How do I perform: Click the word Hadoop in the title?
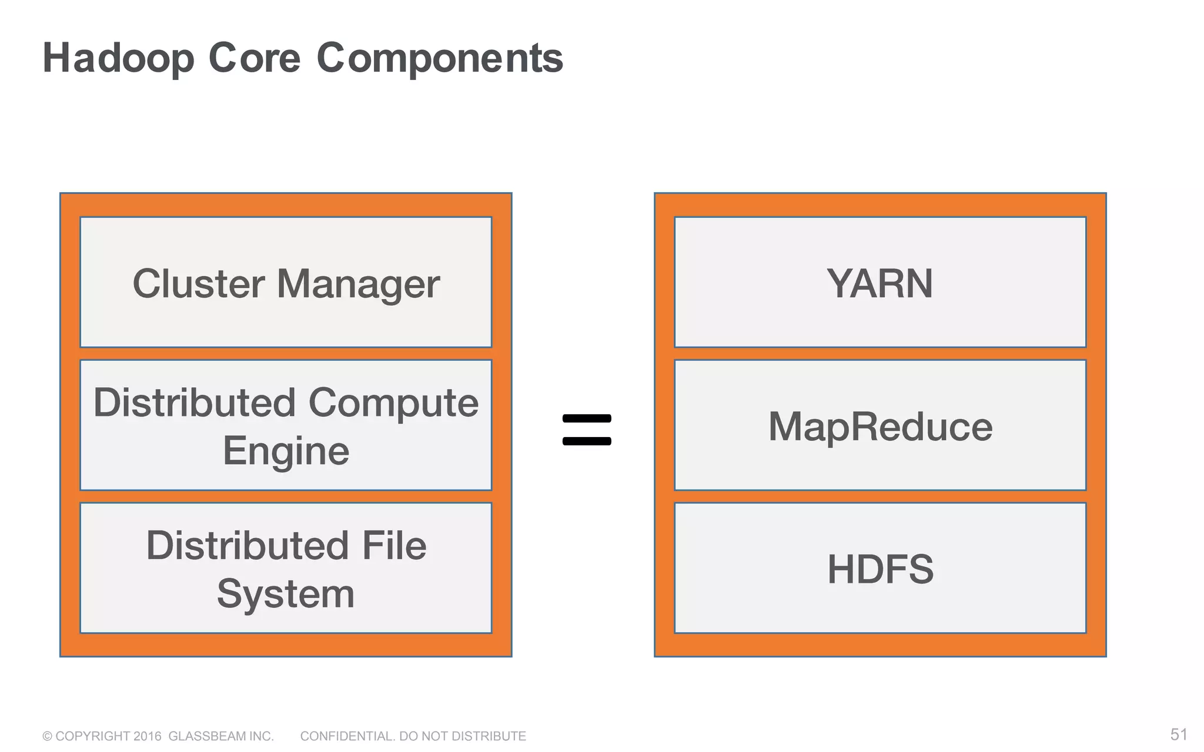pyautogui.click(x=118, y=58)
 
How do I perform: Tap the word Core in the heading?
pyautogui.click(x=254, y=58)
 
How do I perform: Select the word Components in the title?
pyautogui.click(x=440, y=58)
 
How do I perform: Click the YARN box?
pyautogui.click(x=879, y=283)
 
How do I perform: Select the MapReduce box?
pyautogui.click(x=879, y=425)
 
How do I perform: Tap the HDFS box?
pyautogui.click(x=879, y=568)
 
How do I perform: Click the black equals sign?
pyautogui.click(x=587, y=429)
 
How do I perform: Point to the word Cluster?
pyautogui.click(x=199, y=283)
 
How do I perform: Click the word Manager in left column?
pyautogui.click(x=358, y=284)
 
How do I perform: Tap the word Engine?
pyautogui.click(x=286, y=451)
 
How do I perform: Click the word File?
pyautogui.click(x=393, y=545)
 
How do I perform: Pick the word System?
pyautogui.click(x=286, y=595)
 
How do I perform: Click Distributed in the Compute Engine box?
pyautogui.click(x=195, y=402)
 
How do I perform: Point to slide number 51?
pyautogui.click(x=1178, y=734)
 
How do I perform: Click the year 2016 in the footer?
pyautogui.click(x=147, y=736)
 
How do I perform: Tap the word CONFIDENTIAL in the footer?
pyautogui.click(x=347, y=736)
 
